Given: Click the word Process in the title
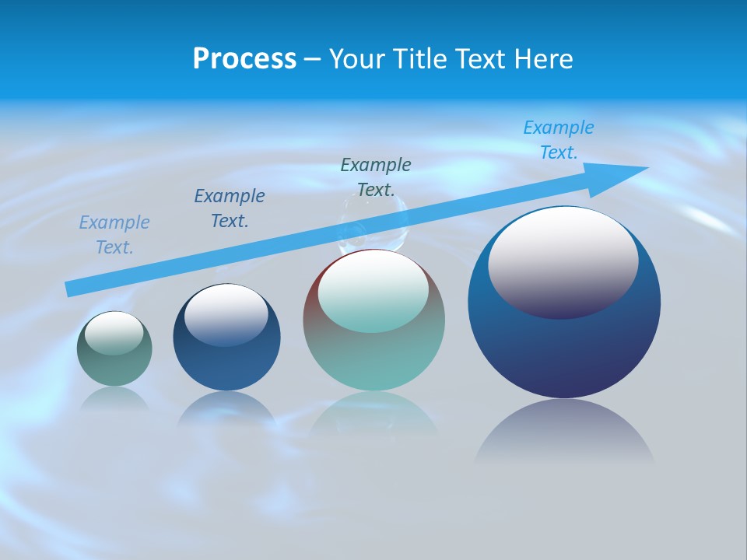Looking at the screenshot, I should pos(244,59).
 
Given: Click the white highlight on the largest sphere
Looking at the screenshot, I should pos(563,261).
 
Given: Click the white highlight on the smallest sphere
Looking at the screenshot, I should pos(114,333).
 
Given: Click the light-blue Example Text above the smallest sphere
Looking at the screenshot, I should pos(114,235).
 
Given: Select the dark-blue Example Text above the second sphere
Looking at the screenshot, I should pos(230,208).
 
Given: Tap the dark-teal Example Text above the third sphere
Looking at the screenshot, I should pos(376,177).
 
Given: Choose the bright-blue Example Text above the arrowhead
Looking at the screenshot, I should pos(559,140).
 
